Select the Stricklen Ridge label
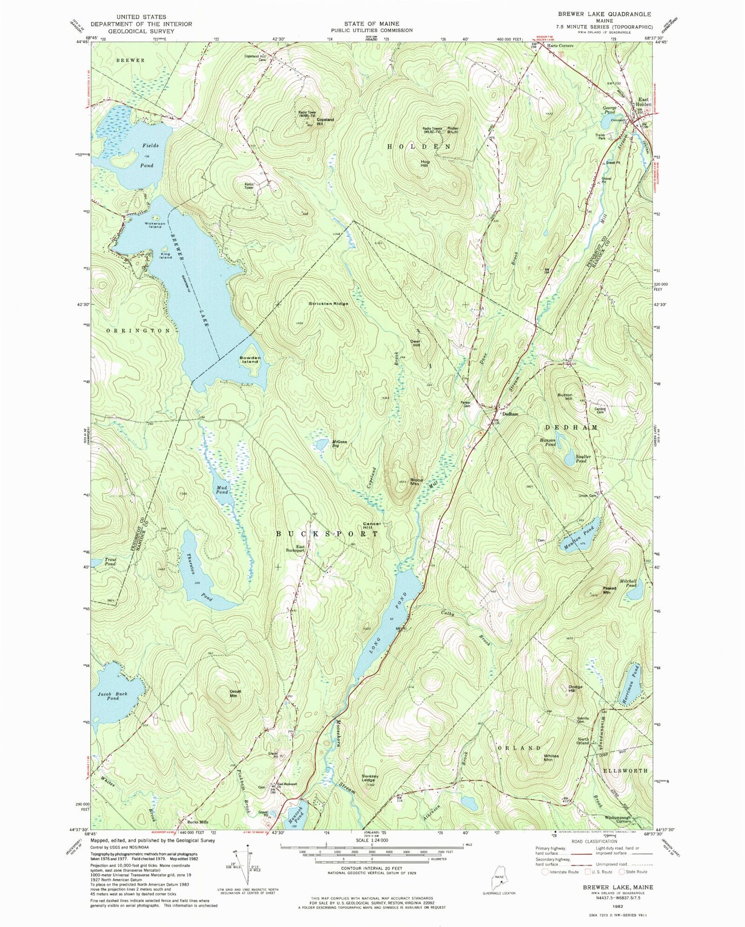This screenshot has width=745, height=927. coord(328,303)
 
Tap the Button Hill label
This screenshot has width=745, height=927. coord(565,397)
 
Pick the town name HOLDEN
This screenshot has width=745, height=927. coord(419,147)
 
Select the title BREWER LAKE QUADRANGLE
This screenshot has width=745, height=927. coord(607,14)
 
